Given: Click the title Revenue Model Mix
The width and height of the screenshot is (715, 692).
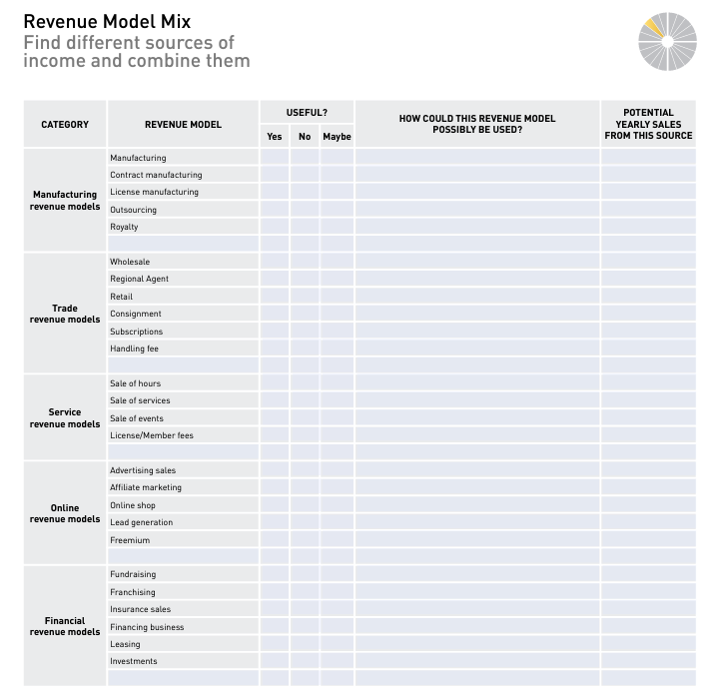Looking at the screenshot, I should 107,21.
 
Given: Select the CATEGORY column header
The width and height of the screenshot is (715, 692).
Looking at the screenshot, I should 65,125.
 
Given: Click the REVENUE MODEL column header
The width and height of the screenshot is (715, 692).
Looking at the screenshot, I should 183,125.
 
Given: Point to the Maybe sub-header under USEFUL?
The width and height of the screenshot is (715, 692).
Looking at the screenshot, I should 337,137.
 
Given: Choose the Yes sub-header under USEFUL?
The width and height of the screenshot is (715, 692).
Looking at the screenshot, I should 275,137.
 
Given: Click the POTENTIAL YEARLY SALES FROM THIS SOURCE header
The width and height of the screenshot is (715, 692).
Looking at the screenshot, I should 648,125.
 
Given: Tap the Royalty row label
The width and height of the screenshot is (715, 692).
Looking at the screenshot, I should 124,227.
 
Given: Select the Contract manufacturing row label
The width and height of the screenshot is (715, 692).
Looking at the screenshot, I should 156,175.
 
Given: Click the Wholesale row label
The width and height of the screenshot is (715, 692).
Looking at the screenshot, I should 130,262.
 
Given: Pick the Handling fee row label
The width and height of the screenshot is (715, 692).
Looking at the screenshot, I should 134,348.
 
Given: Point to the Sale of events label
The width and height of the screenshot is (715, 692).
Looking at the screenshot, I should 137,418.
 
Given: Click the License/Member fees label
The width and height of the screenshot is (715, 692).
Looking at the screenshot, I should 152,435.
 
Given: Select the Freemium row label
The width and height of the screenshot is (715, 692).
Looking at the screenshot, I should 130,540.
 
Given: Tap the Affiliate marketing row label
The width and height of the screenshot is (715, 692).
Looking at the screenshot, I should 146,487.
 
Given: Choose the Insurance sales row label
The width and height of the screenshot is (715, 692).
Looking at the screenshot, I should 140,609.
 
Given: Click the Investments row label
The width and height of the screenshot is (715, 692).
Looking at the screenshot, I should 134,661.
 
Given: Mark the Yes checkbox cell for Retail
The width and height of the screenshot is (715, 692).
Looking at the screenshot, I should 275,297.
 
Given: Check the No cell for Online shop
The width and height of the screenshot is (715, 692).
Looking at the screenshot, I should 305,505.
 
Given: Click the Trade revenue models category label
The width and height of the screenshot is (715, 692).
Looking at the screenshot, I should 65,314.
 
